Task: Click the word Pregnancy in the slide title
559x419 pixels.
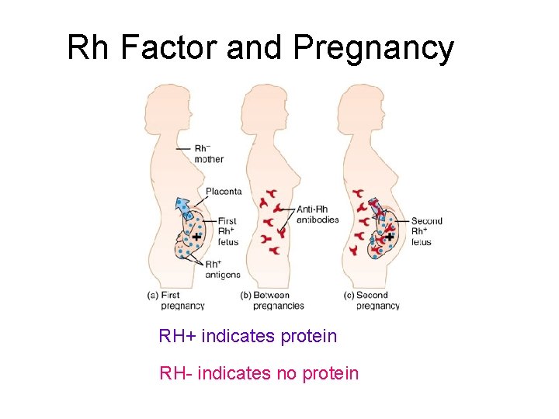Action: [x=374, y=49]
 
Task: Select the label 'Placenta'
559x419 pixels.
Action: [x=224, y=191]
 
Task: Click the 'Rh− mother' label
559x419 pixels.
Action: [x=208, y=154]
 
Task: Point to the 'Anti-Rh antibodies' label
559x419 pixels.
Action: [x=318, y=214]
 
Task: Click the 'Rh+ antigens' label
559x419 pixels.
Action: [x=222, y=269]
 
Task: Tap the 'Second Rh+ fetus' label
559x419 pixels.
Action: [x=426, y=231]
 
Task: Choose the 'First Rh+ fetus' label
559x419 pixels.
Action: [x=227, y=231]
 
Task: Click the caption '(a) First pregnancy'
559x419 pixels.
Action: [x=176, y=300]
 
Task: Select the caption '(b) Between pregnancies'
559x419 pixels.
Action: [x=272, y=300]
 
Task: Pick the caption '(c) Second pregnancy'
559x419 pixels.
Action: [x=372, y=300]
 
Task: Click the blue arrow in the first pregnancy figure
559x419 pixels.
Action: [x=183, y=208]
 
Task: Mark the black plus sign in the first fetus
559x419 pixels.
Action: [x=197, y=236]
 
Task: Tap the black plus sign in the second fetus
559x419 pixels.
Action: [x=391, y=237]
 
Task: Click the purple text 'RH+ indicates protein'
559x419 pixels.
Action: [x=248, y=336]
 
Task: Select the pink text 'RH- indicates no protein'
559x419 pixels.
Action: [x=259, y=373]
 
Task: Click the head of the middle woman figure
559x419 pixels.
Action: [x=260, y=102]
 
